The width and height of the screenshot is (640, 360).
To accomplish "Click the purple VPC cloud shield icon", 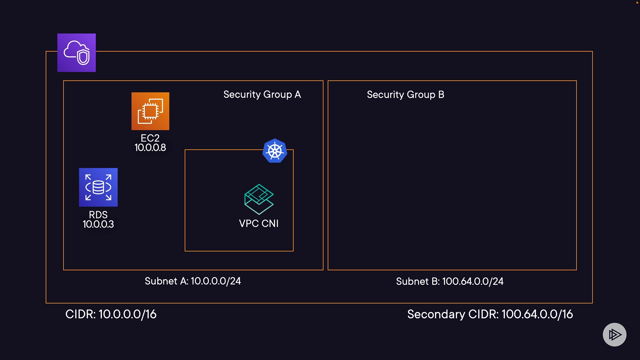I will click(76, 53).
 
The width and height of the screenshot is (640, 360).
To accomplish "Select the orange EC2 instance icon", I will click(150, 111).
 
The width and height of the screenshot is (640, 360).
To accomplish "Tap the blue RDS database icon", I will click(98, 187).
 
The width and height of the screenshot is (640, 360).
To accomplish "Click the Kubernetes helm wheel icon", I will click(275, 151).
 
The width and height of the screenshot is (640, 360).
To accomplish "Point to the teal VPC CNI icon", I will click(259, 199).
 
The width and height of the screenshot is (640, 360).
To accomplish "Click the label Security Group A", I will click(262, 95).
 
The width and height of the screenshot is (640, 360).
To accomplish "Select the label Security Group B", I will click(405, 95).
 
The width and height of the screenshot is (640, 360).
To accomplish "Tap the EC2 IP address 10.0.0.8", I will click(150, 148).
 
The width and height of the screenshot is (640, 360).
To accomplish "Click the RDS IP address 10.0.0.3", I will click(98, 224).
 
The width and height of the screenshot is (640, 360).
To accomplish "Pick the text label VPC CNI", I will click(259, 224).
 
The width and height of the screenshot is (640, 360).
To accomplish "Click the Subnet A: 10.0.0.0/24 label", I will click(193, 281).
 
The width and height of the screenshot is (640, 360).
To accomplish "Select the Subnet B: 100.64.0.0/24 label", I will click(450, 282).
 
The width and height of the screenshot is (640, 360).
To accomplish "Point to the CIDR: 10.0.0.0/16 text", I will click(111, 314).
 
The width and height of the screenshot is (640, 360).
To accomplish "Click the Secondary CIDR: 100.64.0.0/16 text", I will click(490, 314).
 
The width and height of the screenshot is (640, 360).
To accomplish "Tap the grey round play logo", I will click(614, 335).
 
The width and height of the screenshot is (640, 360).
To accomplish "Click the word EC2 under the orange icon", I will click(150, 138).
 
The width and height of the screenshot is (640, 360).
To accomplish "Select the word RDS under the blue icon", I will click(98, 215).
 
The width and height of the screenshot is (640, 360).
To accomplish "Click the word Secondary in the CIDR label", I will click(436, 314).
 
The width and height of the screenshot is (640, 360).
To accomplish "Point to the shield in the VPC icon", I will click(83, 57).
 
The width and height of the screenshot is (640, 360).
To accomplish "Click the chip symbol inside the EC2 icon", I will click(150, 111).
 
